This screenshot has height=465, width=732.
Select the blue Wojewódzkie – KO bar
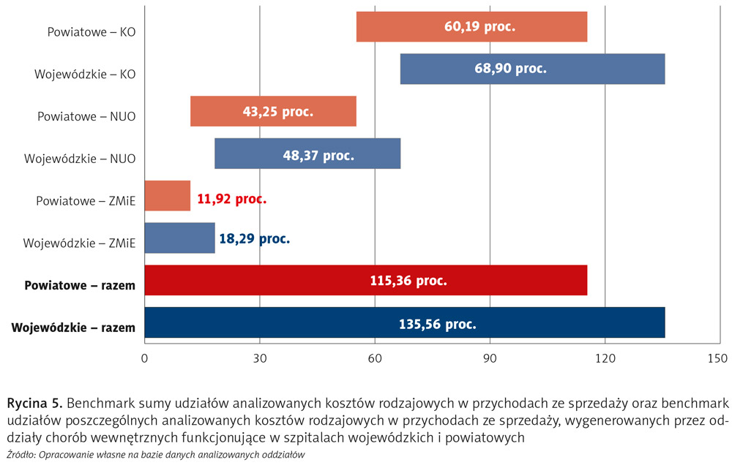pos(532,69)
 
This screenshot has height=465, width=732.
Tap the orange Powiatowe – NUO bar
pos(273,112)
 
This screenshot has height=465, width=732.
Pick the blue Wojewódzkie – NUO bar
pos(307,154)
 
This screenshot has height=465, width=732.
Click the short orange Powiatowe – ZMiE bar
pos(168,196)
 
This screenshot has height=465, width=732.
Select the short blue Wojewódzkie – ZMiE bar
pos(180,238)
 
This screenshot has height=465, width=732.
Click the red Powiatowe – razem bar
pos(366,281)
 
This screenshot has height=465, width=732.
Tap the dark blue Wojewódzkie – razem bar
pos(405,322)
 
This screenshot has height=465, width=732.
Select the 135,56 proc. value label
pos(438,323)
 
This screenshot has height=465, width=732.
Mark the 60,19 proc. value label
pos(479,27)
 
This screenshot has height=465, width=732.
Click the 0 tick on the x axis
pos(145,358)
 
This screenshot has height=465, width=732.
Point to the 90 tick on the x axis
pos(490,358)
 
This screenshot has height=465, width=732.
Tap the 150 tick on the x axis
pos(720,358)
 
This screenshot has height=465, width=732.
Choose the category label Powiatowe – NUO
pos(86,116)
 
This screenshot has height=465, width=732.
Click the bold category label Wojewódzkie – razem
pos(74,327)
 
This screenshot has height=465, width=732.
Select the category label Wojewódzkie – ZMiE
pos(80,243)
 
